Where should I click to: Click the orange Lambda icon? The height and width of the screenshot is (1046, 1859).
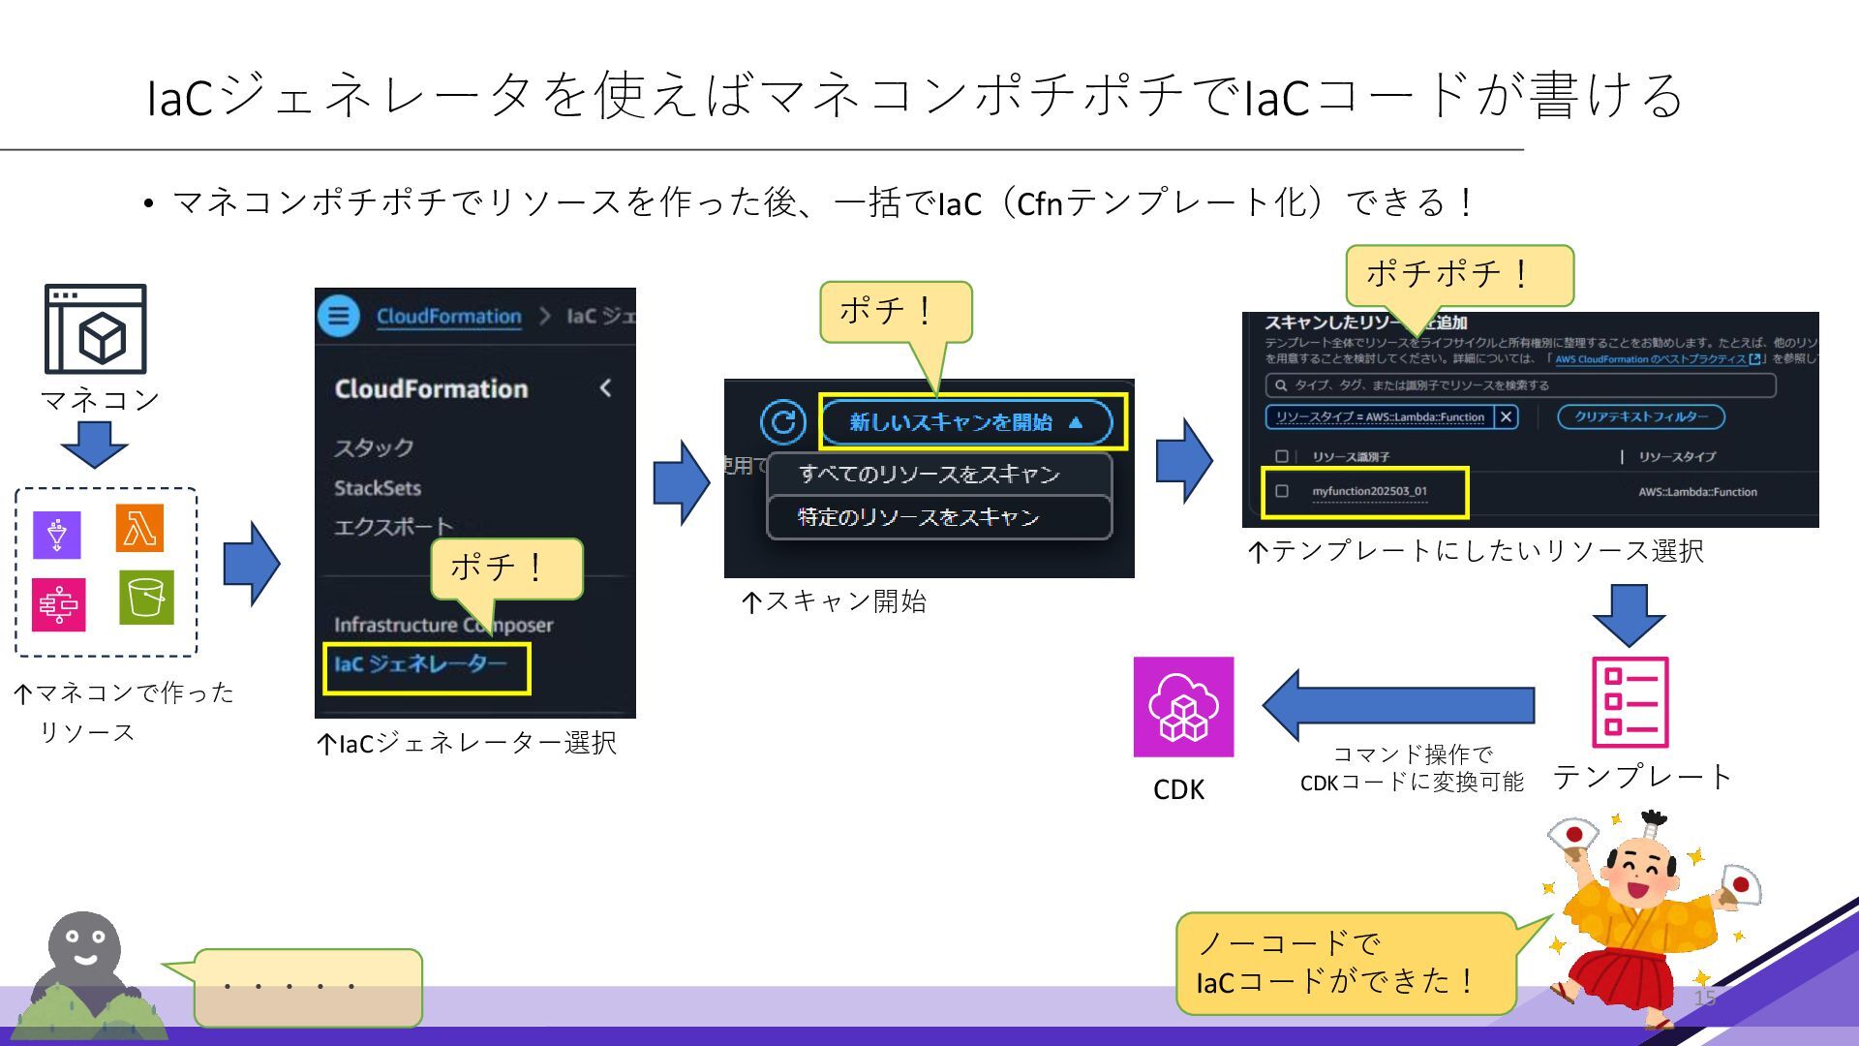pos(139,528)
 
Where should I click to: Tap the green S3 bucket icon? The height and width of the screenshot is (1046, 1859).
pos(146,598)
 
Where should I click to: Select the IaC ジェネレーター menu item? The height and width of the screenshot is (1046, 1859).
pos(421,664)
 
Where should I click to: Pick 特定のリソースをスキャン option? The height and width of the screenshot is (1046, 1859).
pos(918,517)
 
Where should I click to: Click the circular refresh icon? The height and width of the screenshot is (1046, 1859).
pos(782,422)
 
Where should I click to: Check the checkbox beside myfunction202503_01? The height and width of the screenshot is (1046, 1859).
pos(1282,491)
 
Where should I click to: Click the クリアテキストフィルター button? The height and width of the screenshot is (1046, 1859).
pos(1640,416)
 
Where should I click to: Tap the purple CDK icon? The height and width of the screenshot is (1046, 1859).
pos(1183,707)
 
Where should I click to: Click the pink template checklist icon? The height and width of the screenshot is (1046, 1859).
pos(1630,703)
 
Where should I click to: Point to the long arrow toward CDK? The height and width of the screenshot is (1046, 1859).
pos(1398,705)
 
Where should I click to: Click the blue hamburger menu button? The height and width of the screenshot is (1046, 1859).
pos(339,316)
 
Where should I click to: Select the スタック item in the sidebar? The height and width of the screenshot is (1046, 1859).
pos(374,447)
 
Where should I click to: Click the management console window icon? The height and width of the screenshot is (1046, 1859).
pos(96,329)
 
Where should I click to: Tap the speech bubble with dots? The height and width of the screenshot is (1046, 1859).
pos(308,988)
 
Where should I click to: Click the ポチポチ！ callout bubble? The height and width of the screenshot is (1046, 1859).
pos(1459,275)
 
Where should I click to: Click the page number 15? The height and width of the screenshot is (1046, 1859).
pos(1704,998)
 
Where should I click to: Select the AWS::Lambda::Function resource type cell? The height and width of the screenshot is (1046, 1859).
pos(1697,492)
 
